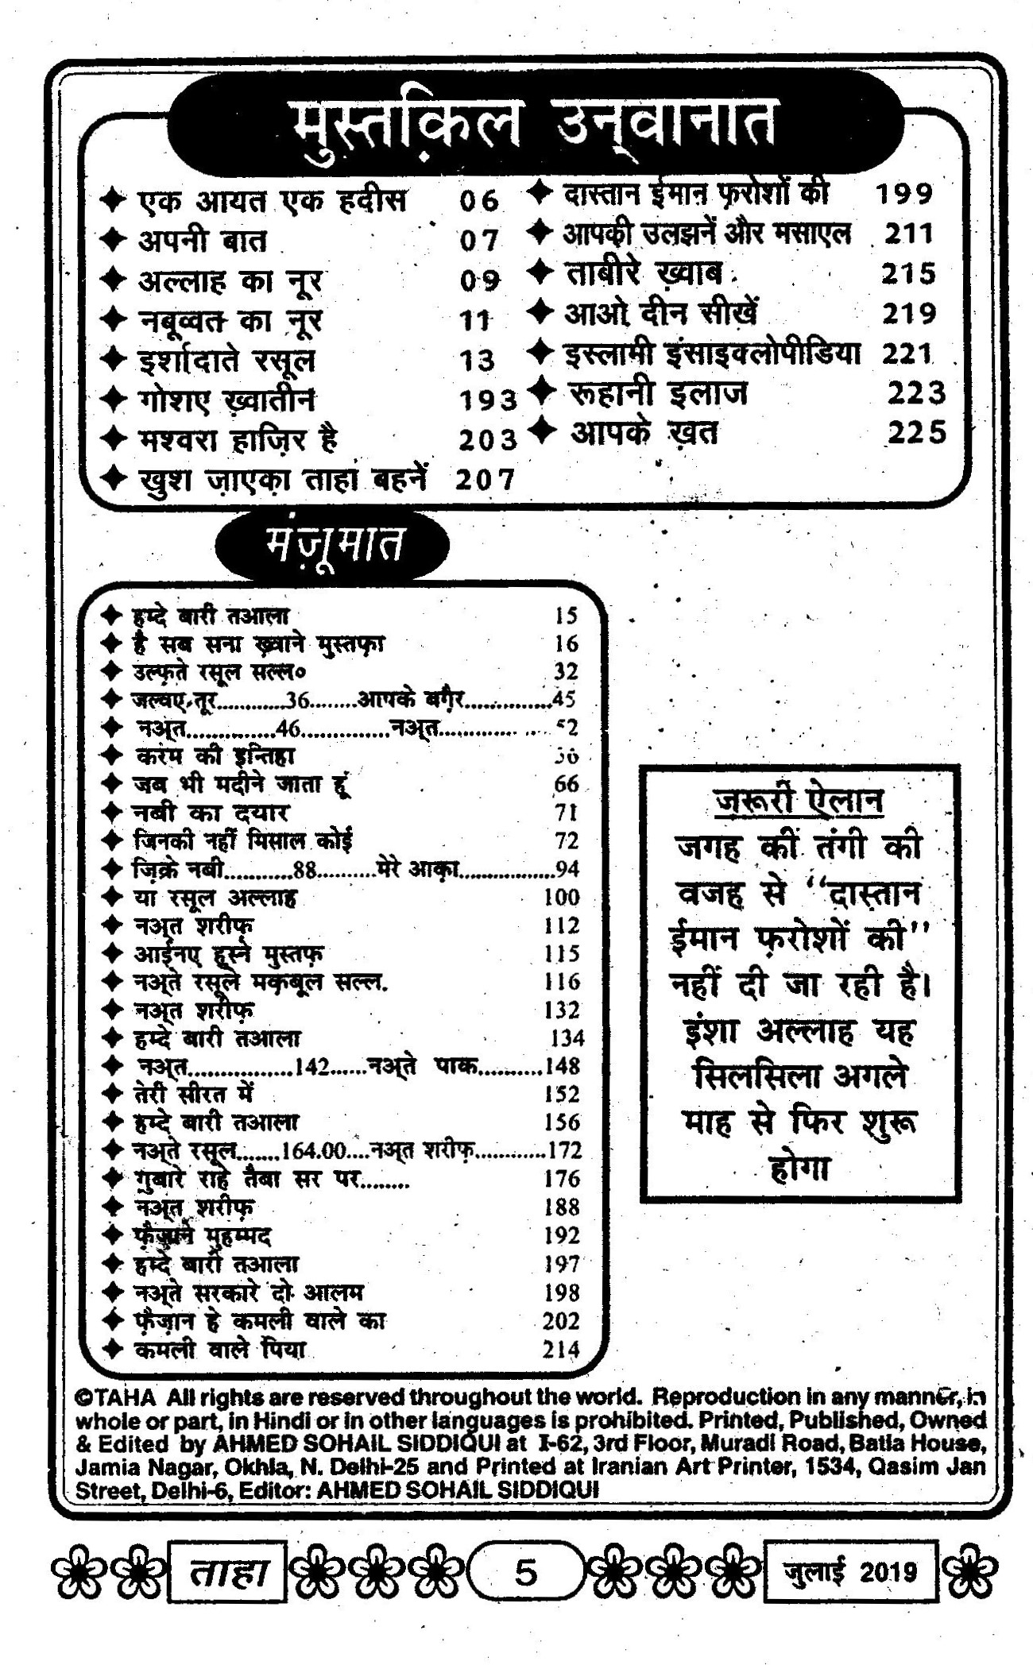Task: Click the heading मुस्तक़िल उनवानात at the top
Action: [531, 124]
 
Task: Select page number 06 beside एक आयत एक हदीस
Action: [478, 200]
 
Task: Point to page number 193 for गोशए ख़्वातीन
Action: [487, 400]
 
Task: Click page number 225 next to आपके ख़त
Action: [917, 432]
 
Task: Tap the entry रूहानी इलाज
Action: [659, 393]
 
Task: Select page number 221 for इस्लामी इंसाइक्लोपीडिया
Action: [906, 353]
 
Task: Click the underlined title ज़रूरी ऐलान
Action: [798, 801]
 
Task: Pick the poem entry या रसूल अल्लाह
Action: [215, 898]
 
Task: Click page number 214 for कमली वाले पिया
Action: [561, 1349]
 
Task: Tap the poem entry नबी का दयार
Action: [211, 813]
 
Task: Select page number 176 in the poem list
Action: [562, 1179]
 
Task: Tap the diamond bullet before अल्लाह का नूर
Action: [114, 280]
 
